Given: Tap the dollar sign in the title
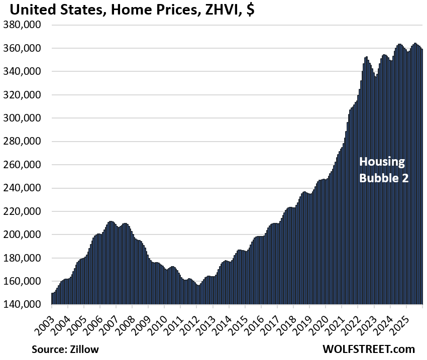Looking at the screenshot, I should (x=250, y=10).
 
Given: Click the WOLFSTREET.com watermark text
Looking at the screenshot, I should (x=369, y=349).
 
